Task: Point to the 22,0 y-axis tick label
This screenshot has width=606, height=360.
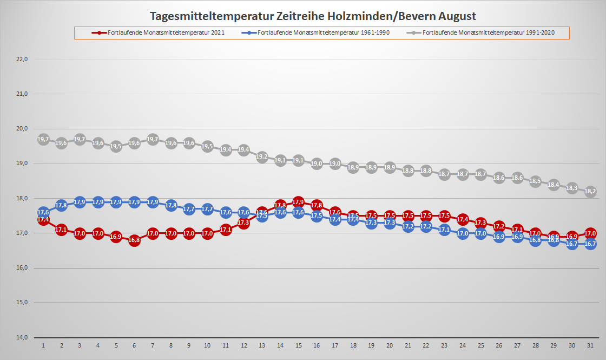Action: [22, 59]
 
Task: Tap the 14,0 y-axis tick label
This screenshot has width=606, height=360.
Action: [22, 337]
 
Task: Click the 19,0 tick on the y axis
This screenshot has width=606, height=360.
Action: [22, 163]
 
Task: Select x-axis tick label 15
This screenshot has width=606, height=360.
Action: [298, 345]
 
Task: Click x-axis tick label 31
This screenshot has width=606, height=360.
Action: [590, 345]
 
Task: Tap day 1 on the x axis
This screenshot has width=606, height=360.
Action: [43, 345]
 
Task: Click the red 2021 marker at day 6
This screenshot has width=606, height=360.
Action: [134, 240]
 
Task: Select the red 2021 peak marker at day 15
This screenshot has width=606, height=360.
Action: [298, 202]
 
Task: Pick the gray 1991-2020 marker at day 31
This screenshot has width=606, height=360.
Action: [590, 191]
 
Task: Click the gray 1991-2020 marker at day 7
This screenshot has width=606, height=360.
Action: [153, 139]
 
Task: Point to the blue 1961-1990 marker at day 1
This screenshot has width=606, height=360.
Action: [43, 212]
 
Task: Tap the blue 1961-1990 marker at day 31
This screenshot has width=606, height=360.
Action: [590, 244]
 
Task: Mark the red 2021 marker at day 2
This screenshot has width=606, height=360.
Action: [61, 230]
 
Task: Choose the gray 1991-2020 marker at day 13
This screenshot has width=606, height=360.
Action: [262, 156]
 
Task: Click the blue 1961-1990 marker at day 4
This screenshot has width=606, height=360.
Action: [98, 202]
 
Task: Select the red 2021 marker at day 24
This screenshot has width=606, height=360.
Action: [463, 219]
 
